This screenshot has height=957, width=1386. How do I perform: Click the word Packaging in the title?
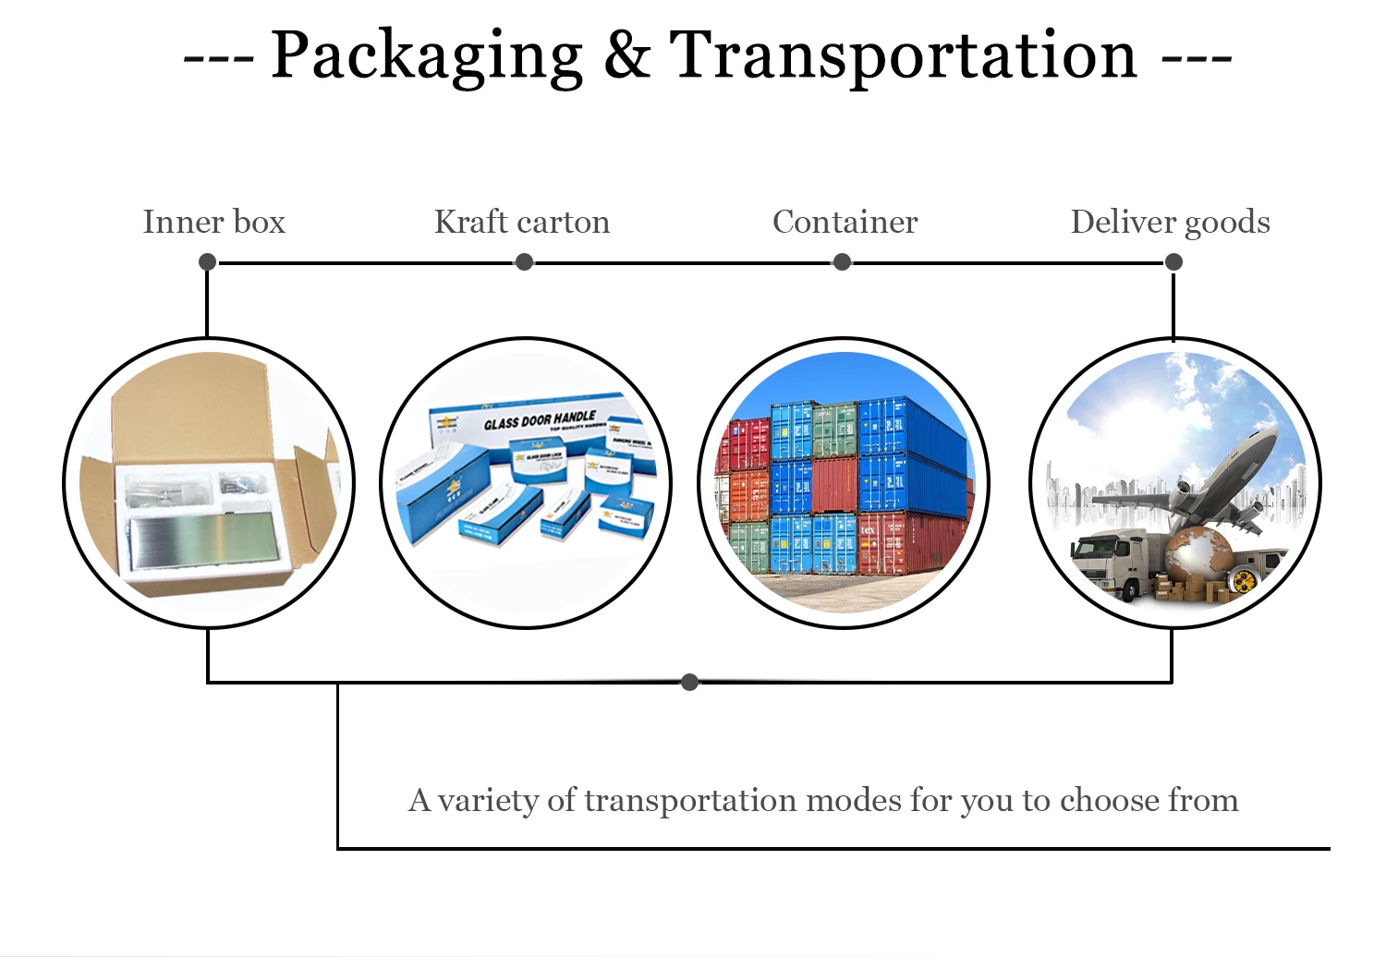pos(426,55)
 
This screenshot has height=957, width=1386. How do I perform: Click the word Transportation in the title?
pos(903,55)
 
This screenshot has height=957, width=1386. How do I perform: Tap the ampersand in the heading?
pos(627,55)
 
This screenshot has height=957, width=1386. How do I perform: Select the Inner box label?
pos(213,222)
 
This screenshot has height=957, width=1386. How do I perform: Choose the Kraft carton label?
pos(522,222)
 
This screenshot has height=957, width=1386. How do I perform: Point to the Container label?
pos(845,222)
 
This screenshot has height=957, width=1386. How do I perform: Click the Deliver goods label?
pos(1170,222)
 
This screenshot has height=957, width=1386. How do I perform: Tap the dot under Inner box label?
pos(208,262)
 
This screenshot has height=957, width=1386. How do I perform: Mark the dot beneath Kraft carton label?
pos(525,262)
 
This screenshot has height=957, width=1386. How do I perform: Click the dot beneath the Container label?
pos(842,262)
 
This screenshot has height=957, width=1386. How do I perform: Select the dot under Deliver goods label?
pos(1173,262)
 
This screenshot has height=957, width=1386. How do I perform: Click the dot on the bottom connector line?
pos(689,683)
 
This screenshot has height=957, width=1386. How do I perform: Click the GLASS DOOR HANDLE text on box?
pos(540,421)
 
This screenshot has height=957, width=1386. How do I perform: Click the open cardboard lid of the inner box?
pos(189,406)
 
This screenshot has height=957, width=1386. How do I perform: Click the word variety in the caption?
pos(488,800)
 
